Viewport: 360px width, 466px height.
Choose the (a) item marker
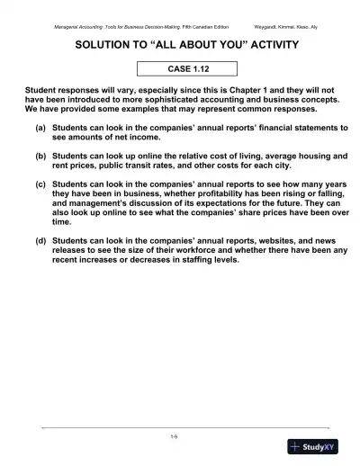point(41,130)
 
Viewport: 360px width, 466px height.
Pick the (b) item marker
point(41,156)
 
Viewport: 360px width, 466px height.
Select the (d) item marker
point(41,242)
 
